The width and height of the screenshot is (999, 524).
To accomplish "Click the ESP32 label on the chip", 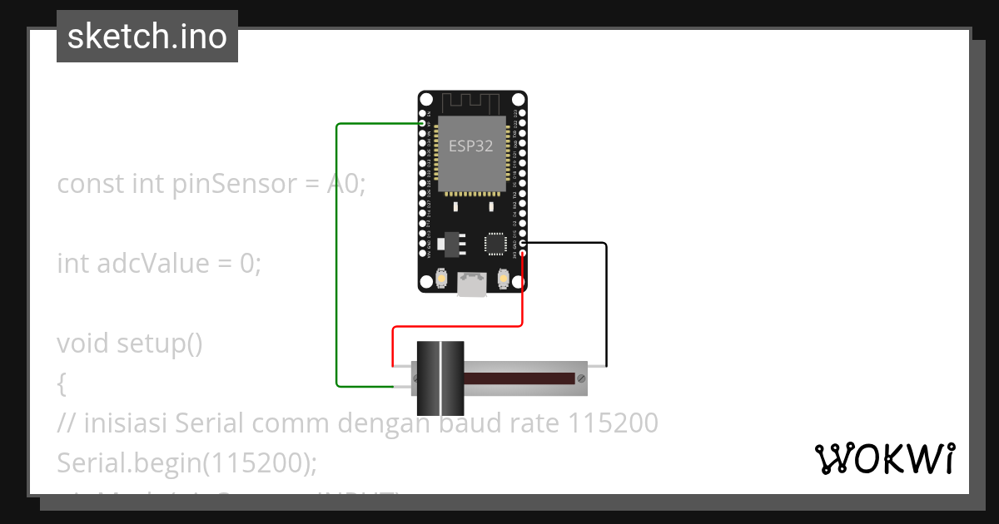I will [471, 146].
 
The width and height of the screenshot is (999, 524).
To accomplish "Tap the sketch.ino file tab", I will [147, 37].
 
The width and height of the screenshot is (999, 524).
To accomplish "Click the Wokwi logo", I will [884, 459].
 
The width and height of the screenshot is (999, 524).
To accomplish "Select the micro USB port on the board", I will [472, 285].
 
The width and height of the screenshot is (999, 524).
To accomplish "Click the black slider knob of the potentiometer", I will [440, 378].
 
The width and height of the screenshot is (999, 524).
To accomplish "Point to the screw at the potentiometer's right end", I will [581, 378].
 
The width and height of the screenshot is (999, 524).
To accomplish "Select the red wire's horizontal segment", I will [458, 327].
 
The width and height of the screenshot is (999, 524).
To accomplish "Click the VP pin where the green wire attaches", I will [423, 124].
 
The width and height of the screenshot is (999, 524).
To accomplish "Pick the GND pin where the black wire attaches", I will [523, 243].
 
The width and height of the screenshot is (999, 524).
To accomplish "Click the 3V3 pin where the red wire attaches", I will [523, 254].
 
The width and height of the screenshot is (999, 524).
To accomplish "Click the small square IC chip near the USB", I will [495, 243].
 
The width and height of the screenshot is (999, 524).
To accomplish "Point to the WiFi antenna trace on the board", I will [471, 103].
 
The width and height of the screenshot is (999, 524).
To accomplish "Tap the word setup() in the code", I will [159, 343].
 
